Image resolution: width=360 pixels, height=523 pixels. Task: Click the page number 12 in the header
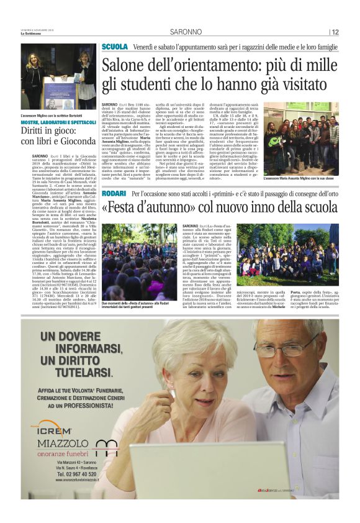(335, 32)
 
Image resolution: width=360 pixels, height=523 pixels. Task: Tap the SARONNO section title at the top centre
(182, 32)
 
